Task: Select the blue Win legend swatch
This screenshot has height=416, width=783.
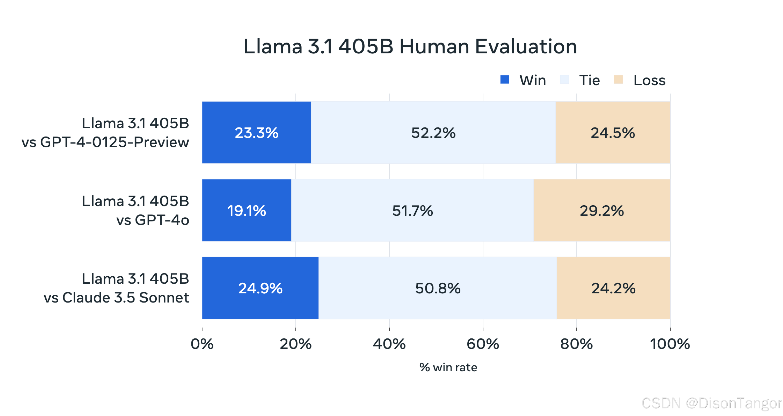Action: click(x=505, y=80)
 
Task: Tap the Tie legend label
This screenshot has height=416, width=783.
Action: click(x=589, y=80)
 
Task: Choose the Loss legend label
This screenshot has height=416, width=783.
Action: click(x=649, y=80)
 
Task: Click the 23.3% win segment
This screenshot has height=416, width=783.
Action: click(x=257, y=133)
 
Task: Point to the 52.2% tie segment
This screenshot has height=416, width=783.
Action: click(x=433, y=133)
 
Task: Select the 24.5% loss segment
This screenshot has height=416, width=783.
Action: click(x=613, y=133)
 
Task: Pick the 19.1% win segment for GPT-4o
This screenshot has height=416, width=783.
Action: click(x=247, y=210)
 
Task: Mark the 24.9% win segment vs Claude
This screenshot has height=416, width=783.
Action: click(x=260, y=288)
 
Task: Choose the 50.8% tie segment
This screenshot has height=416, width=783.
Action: click(x=438, y=288)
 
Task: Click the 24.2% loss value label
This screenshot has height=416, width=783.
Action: click(x=613, y=288)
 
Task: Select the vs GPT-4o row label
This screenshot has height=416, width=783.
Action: click(x=153, y=220)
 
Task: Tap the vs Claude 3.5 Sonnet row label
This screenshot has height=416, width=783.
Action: click(x=116, y=297)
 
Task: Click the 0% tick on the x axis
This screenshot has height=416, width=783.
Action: click(x=202, y=344)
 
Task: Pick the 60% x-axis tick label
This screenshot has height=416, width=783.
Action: click(x=483, y=344)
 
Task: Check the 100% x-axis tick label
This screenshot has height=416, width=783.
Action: click(x=670, y=344)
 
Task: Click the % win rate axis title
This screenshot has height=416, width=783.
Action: click(x=448, y=367)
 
